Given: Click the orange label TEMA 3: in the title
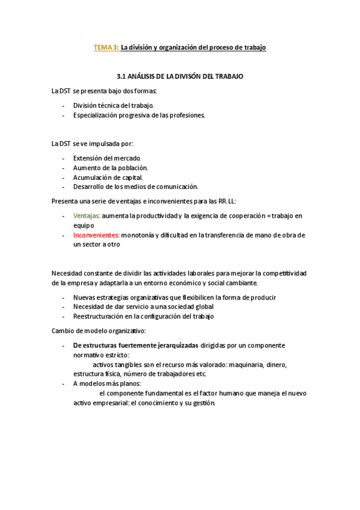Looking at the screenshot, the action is [106, 47].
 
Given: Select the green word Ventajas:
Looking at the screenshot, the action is [87, 215].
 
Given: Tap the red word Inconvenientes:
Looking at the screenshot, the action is [96, 235].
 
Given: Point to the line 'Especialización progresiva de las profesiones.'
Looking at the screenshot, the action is [139, 115].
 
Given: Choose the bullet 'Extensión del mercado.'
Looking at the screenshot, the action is [107, 158].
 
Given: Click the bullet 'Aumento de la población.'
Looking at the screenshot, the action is [111, 167].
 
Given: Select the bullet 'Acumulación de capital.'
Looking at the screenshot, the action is [108, 177].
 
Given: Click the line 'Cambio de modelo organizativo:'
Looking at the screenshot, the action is [99, 331].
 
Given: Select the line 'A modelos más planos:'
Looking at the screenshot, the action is [107, 384].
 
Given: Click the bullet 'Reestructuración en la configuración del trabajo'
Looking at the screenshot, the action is [144, 316].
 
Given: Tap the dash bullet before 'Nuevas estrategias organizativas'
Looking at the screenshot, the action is [64, 297].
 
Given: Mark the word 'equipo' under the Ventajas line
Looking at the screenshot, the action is [84, 225].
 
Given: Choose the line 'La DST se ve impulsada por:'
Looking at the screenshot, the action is [93, 143].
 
